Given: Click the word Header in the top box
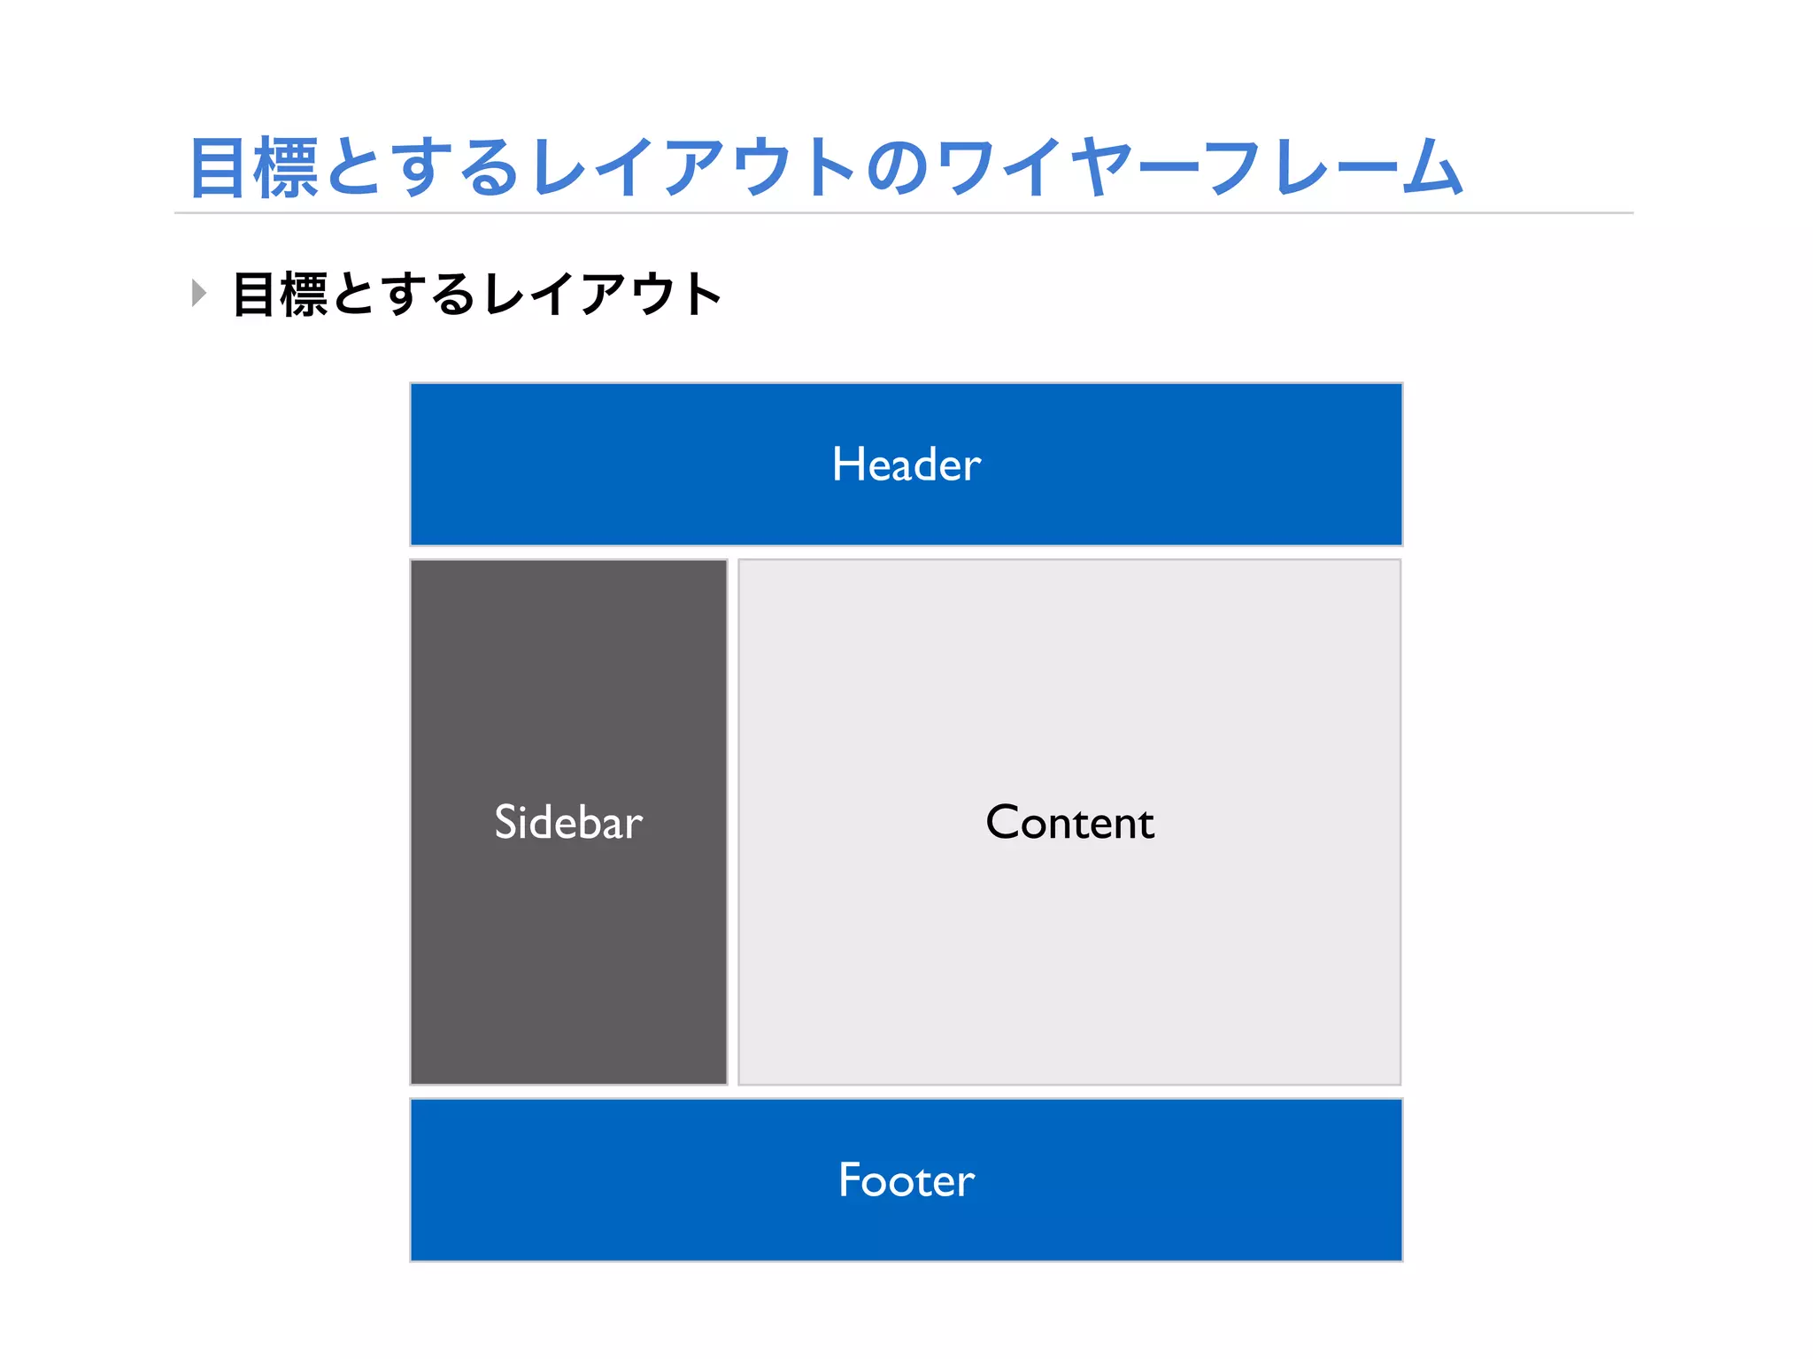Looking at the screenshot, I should pos(906,465).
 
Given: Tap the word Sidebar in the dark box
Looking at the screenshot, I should pos(568,823).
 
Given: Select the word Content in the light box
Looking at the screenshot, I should pos(1069,823).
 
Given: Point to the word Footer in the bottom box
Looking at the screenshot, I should pos(906,1180).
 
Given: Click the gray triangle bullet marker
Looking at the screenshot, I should pos(199,293).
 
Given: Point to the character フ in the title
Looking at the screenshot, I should pos(1231,168).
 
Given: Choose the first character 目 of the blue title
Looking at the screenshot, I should pos(218,168).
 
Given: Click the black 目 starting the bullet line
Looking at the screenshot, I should pos(254,295).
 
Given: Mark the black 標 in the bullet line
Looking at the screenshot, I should pos(304,295).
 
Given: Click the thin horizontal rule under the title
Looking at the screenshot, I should pos(903,213).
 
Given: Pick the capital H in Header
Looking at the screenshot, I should pos(846,465).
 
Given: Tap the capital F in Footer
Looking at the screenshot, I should pos(850,1180).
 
